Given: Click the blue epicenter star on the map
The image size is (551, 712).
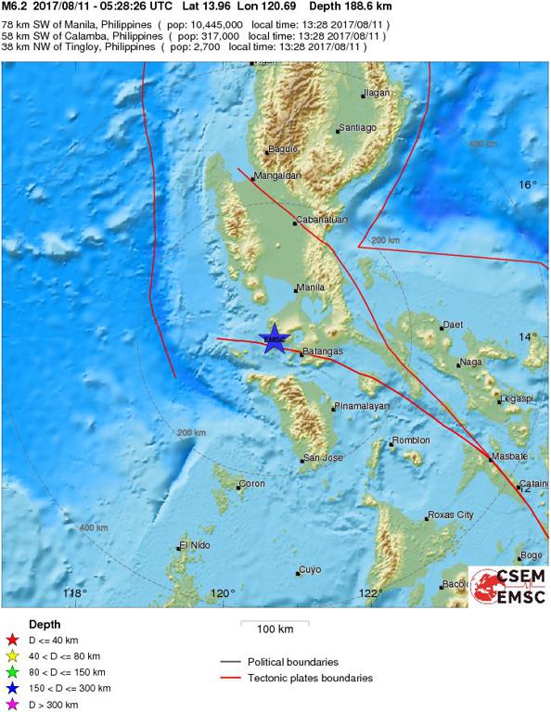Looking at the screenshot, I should click(274, 338).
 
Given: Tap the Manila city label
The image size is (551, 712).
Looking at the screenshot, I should click(310, 288).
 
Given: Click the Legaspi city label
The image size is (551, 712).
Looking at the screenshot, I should click(515, 399).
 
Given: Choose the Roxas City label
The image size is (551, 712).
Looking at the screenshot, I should click(452, 515).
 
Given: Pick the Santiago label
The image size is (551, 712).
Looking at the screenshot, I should click(358, 127).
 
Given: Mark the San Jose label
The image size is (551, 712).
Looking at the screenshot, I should click(324, 458).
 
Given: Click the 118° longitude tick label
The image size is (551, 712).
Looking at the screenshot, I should click(74, 593).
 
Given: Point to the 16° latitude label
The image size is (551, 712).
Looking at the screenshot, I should click(527, 185).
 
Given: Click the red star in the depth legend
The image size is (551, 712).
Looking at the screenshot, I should click(12, 639).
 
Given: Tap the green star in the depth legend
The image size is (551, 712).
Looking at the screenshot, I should click(12, 671).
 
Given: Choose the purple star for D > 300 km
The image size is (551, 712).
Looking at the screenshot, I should click(12, 705).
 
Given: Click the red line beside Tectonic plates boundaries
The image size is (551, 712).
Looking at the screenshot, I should click(231, 678).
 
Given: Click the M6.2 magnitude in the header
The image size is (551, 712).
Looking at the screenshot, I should click(14, 6).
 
